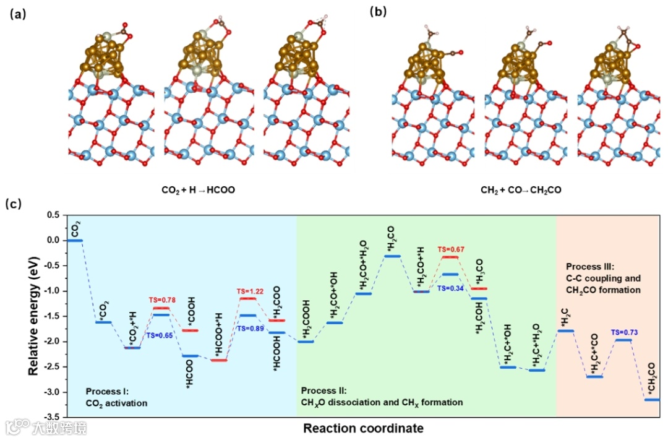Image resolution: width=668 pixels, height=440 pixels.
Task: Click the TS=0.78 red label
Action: click(162, 300)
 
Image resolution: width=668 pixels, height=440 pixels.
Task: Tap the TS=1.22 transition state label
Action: click(249, 291)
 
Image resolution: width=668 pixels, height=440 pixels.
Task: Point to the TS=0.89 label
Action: click(250, 328)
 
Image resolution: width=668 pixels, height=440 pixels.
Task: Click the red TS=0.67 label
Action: click(451, 249)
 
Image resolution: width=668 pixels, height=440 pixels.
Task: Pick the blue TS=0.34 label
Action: click(451, 288)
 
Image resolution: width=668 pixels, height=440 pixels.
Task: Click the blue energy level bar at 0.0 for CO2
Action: click(75, 240)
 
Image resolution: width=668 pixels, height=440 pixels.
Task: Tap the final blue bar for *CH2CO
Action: click(651, 400)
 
